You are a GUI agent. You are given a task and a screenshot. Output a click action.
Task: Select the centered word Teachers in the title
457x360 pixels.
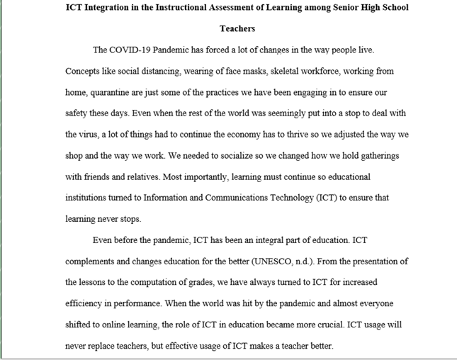pos(237,29)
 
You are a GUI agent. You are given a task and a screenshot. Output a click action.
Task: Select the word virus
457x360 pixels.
pos(94,135)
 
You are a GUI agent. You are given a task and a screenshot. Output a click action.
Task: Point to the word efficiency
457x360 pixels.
pos(86,303)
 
